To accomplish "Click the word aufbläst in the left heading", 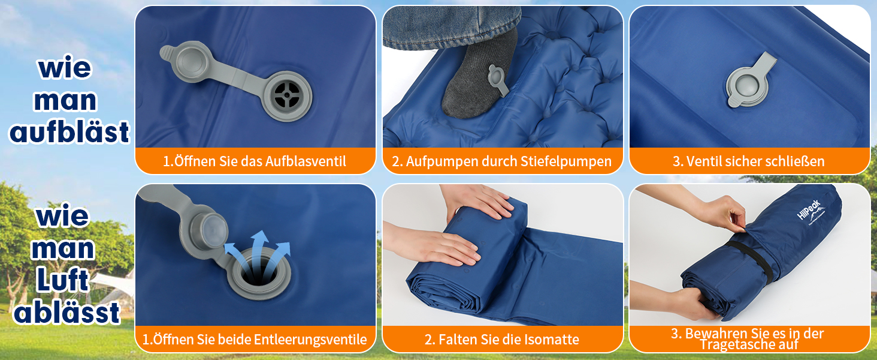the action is point(69,132).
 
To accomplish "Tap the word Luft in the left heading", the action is point(63,280).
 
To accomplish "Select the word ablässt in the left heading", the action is point(66,312).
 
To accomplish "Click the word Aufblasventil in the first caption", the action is point(306,161).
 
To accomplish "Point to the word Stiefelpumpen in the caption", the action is point(565,161).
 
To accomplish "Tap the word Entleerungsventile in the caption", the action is point(310,339).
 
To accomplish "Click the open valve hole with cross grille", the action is point(287,95).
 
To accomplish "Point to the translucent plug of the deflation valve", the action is point(214,230).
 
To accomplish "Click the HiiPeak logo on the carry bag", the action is point(811,212).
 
